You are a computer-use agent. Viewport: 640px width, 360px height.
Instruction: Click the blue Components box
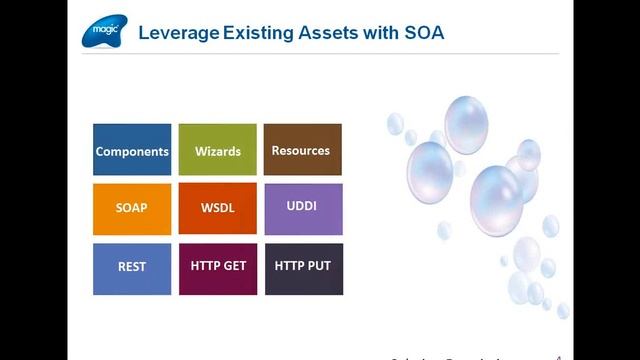point(132,150)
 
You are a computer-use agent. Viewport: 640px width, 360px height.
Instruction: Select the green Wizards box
point(217,150)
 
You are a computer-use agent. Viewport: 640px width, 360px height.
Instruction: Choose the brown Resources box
point(301,150)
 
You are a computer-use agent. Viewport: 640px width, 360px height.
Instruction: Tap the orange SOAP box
point(132,209)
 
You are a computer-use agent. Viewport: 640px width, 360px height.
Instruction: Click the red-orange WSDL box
point(217,209)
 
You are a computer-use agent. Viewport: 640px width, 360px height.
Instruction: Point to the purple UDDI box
point(301,209)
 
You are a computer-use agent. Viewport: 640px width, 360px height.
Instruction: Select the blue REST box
point(132,268)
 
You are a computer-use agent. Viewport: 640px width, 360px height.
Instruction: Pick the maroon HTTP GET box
point(217,268)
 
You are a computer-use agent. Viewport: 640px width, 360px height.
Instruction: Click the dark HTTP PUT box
point(301,268)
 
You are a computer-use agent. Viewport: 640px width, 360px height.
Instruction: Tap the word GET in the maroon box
point(234,267)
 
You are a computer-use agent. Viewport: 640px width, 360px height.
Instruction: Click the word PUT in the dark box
point(318,267)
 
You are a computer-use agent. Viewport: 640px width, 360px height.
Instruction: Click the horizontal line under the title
point(320,53)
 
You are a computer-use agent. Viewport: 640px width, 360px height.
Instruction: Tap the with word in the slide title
point(378,33)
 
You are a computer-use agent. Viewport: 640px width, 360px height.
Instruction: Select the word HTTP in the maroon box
point(205,267)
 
